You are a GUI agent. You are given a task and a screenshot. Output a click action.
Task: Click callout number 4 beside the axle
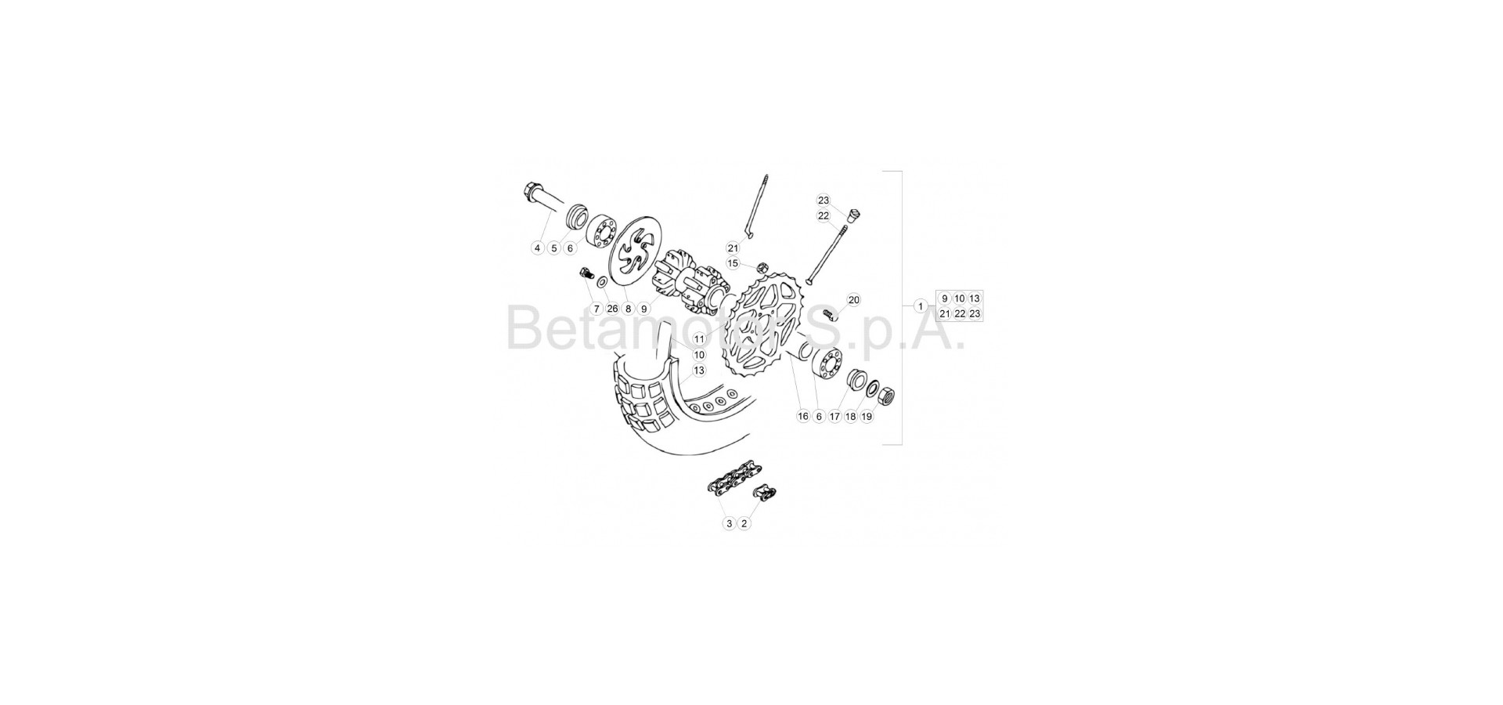click(x=537, y=248)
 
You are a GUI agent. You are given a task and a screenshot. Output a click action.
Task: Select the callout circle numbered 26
click(x=612, y=309)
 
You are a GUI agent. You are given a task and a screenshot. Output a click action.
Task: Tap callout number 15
click(x=733, y=263)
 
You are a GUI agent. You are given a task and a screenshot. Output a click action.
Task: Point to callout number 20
click(x=853, y=300)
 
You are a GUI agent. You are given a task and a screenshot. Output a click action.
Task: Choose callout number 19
click(x=867, y=417)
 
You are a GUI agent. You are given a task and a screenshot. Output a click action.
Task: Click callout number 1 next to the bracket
click(x=921, y=306)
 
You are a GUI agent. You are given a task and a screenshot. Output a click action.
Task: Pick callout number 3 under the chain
click(x=729, y=523)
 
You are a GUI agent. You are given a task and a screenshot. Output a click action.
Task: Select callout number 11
click(x=699, y=339)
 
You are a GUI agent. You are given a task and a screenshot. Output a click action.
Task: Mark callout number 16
click(x=802, y=417)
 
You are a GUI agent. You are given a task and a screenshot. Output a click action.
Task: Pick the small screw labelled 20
click(x=831, y=315)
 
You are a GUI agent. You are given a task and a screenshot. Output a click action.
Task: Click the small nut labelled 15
click(x=762, y=267)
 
